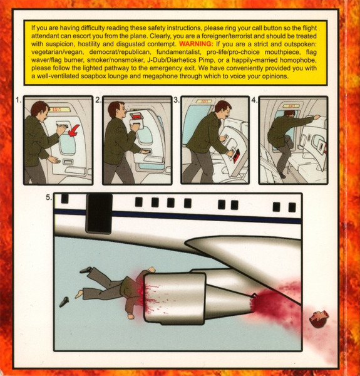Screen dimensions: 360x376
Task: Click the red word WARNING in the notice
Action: tap(196, 44)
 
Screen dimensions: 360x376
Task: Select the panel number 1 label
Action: tap(19, 100)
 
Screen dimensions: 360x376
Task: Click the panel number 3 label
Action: tap(177, 100)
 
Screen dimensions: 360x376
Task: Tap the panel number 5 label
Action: tap(49, 197)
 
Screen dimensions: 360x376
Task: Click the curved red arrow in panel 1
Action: tap(73, 131)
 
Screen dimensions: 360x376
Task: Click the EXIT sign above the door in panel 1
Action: tap(59, 110)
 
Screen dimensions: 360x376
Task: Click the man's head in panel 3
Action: tap(223, 109)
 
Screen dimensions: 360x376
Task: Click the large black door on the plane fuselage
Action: tap(99, 214)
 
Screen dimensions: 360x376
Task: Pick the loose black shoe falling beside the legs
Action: tap(64, 301)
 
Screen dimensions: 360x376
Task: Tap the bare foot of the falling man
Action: tap(79, 294)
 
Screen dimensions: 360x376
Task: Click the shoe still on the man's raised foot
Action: tap(86, 270)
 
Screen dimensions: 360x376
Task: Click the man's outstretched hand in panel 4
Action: tap(316, 117)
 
